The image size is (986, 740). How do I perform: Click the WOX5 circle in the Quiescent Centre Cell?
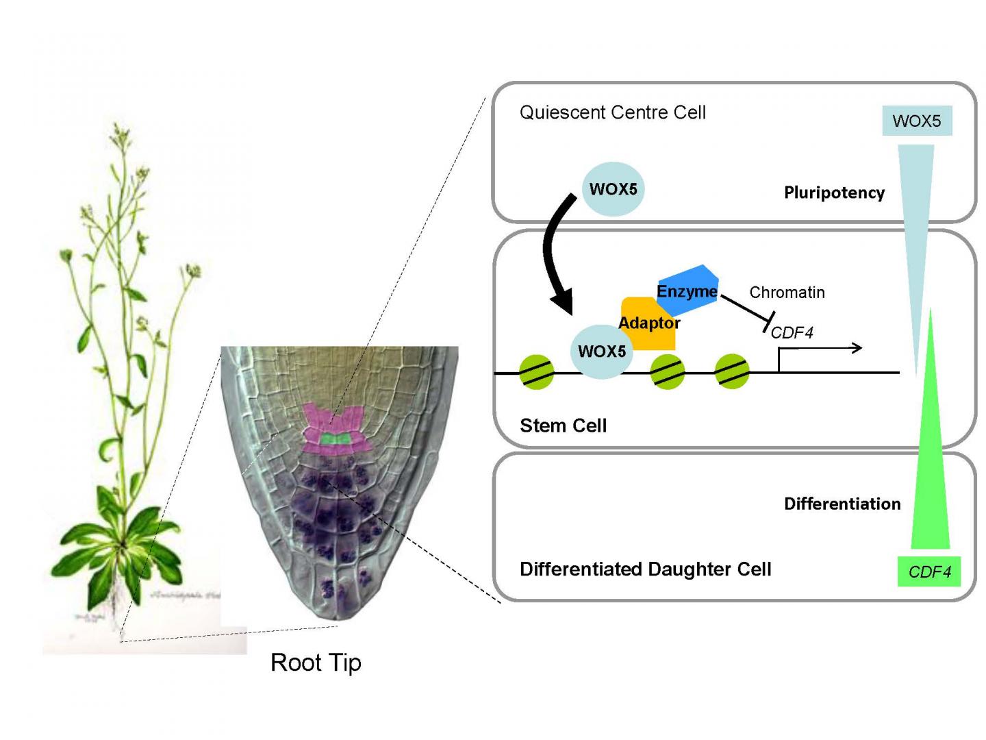tap(613, 189)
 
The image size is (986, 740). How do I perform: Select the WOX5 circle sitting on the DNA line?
tap(601, 351)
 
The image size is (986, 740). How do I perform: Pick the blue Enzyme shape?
tap(687, 290)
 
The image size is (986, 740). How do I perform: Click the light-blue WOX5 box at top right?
tap(917, 121)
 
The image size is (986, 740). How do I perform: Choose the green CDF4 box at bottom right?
tap(929, 571)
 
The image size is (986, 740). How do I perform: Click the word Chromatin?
tap(787, 293)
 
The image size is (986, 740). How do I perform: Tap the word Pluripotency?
tap(834, 193)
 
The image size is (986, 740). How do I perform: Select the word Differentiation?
tap(842, 504)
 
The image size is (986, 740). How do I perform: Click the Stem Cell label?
tap(563, 425)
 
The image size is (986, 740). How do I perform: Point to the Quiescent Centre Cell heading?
tap(612, 112)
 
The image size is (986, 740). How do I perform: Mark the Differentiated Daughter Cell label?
tap(645, 569)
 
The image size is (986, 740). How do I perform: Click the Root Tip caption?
tap(316, 663)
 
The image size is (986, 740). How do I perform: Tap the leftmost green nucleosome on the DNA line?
tap(536, 372)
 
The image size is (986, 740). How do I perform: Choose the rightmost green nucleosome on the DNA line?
tap(732, 372)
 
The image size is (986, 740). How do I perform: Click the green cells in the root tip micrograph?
tap(336, 438)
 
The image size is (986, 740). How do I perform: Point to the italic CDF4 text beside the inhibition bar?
tap(792, 333)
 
